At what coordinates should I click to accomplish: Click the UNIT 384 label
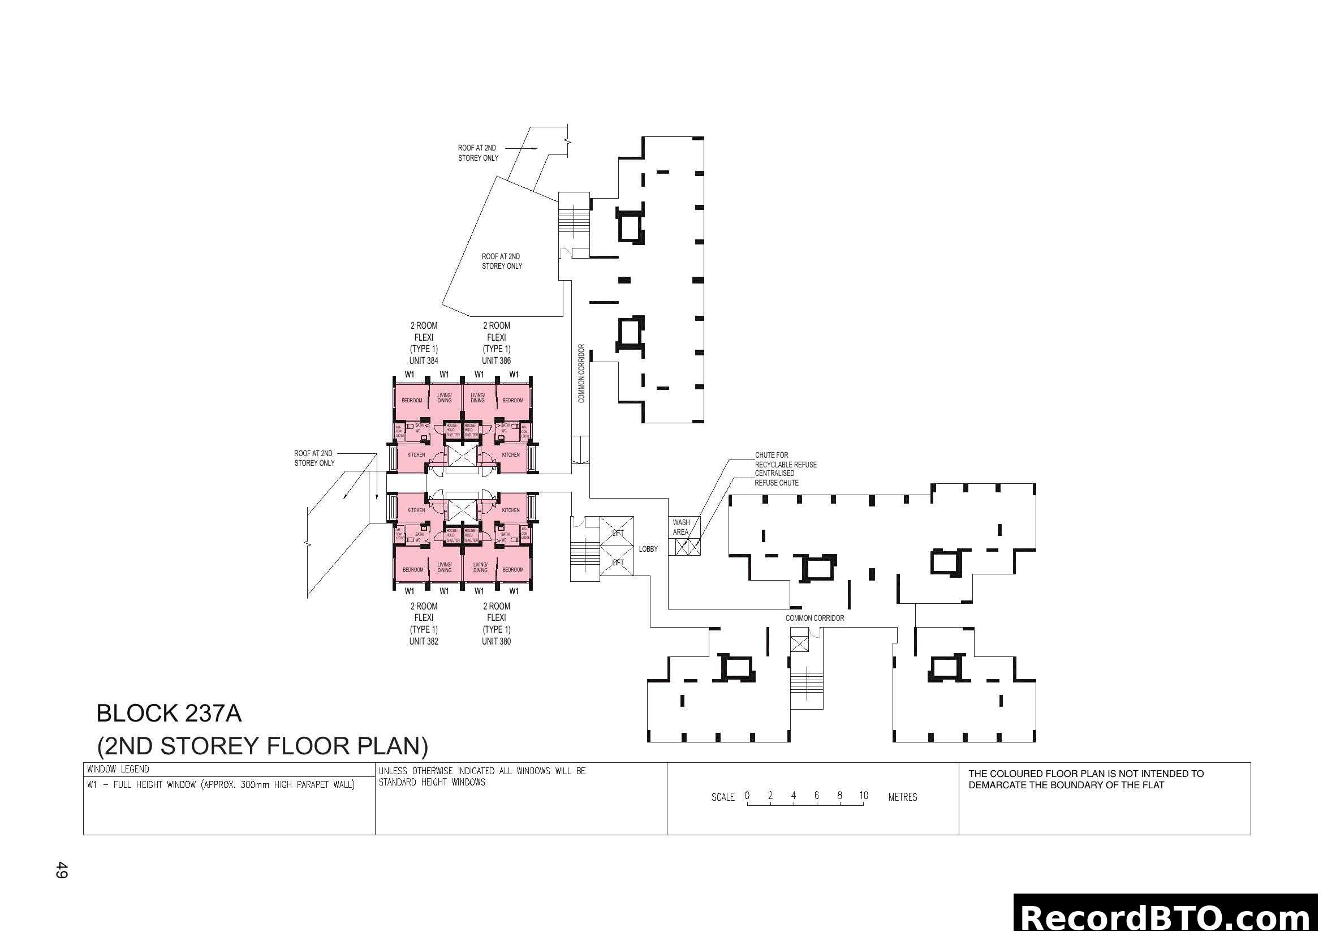click(424, 361)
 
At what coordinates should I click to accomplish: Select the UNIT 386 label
click(496, 361)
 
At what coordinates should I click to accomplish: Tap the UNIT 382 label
click(424, 642)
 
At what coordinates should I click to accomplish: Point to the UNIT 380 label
click(496, 642)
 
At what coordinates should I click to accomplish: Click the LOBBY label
click(648, 549)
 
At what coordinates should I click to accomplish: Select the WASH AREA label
click(680, 527)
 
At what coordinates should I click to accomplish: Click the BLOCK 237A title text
click(169, 714)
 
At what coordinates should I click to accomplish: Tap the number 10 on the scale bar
click(863, 795)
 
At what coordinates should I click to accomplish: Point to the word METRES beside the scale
click(902, 797)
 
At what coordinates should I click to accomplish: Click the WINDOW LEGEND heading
click(118, 769)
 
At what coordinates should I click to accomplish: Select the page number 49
click(62, 870)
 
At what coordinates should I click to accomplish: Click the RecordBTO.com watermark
click(1167, 917)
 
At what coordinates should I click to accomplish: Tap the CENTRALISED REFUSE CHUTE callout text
click(775, 478)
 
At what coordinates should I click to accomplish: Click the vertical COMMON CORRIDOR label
click(581, 373)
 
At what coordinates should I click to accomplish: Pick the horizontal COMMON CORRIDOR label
click(815, 618)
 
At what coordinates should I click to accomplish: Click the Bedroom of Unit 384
click(412, 400)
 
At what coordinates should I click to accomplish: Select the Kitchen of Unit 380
click(511, 510)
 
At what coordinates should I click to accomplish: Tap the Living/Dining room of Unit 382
click(444, 567)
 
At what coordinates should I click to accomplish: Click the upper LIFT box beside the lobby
click(617, 533)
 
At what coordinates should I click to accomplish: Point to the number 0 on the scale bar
click(747, 795)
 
